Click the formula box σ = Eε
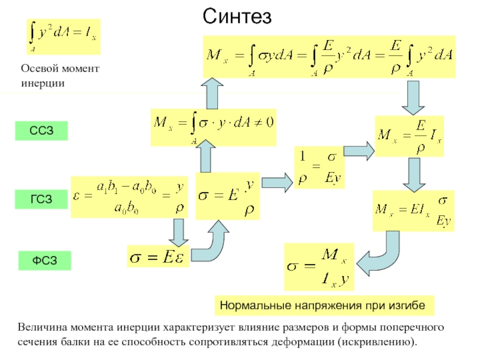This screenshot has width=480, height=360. pyautogui.click(x=158, y=257)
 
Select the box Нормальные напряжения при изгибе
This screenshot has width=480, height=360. pyautogui.click(x=323, y=305)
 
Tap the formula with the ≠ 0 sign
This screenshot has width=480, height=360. pyautogui.click(x=214, y=127)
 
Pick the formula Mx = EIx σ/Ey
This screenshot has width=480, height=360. pyautogui.click(x=413, y=211)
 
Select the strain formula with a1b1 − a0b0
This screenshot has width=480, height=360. pyautogui.click(x=130, y=197)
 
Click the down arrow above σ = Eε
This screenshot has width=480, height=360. pyautogui.click(x=178, y=230)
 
